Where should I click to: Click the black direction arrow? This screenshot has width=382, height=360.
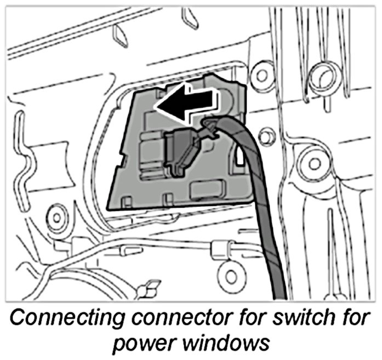click(186, 102)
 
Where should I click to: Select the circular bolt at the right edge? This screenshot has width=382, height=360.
click(315, 163)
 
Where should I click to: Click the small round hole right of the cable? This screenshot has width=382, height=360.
click(267, 136)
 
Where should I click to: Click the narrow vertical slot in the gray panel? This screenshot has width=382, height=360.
click(240, 158)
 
